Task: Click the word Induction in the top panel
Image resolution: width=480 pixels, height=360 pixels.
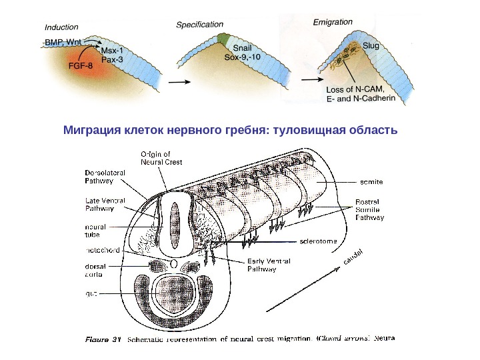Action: [x=61, y=27]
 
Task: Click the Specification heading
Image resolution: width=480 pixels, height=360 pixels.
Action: [x=200, y=24]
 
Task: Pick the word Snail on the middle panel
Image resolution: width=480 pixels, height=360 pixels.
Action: [x=242, y=47]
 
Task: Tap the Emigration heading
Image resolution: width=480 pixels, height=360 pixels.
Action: [x=333, y=22]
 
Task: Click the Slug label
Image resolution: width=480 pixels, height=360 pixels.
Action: [x=371, y=46]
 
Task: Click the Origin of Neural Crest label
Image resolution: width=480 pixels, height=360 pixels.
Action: [x=162, y=157]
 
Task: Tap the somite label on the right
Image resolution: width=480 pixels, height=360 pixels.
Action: [x=371, y=181]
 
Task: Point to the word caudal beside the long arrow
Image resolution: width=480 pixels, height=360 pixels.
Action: [x=353, y=257]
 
